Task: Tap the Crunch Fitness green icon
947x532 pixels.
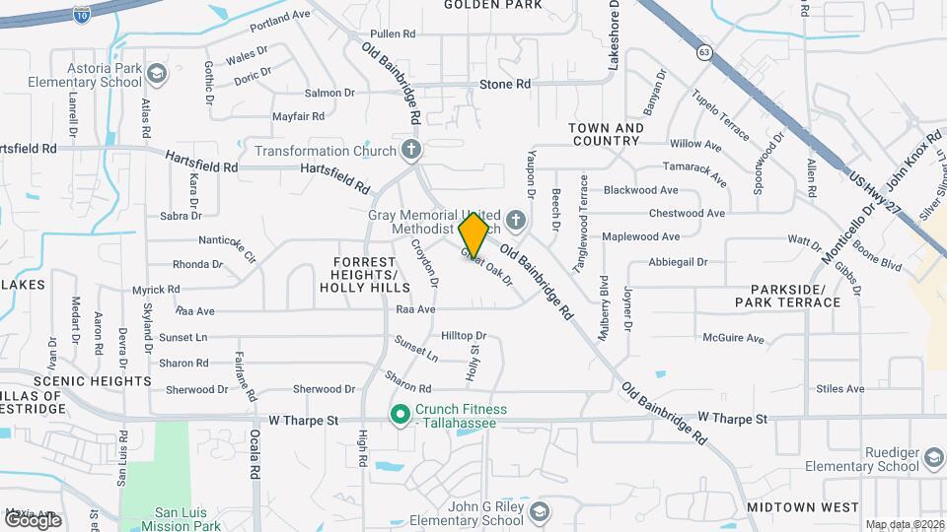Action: click(401, 415)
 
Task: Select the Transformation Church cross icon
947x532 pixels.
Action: click(411, 151)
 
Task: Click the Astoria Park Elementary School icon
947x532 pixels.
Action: click(157, 74)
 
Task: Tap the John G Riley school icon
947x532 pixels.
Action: click(539, 512)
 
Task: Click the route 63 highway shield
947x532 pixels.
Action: click(703, 52)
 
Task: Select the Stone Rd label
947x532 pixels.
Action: click(505, 85)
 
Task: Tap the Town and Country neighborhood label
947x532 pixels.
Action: click(606, 134)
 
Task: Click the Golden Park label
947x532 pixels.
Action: click(493, 5)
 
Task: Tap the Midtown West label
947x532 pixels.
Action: click(789, 506)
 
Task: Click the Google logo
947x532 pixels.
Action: click(33, 519)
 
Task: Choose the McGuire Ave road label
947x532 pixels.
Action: click(733, 339)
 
